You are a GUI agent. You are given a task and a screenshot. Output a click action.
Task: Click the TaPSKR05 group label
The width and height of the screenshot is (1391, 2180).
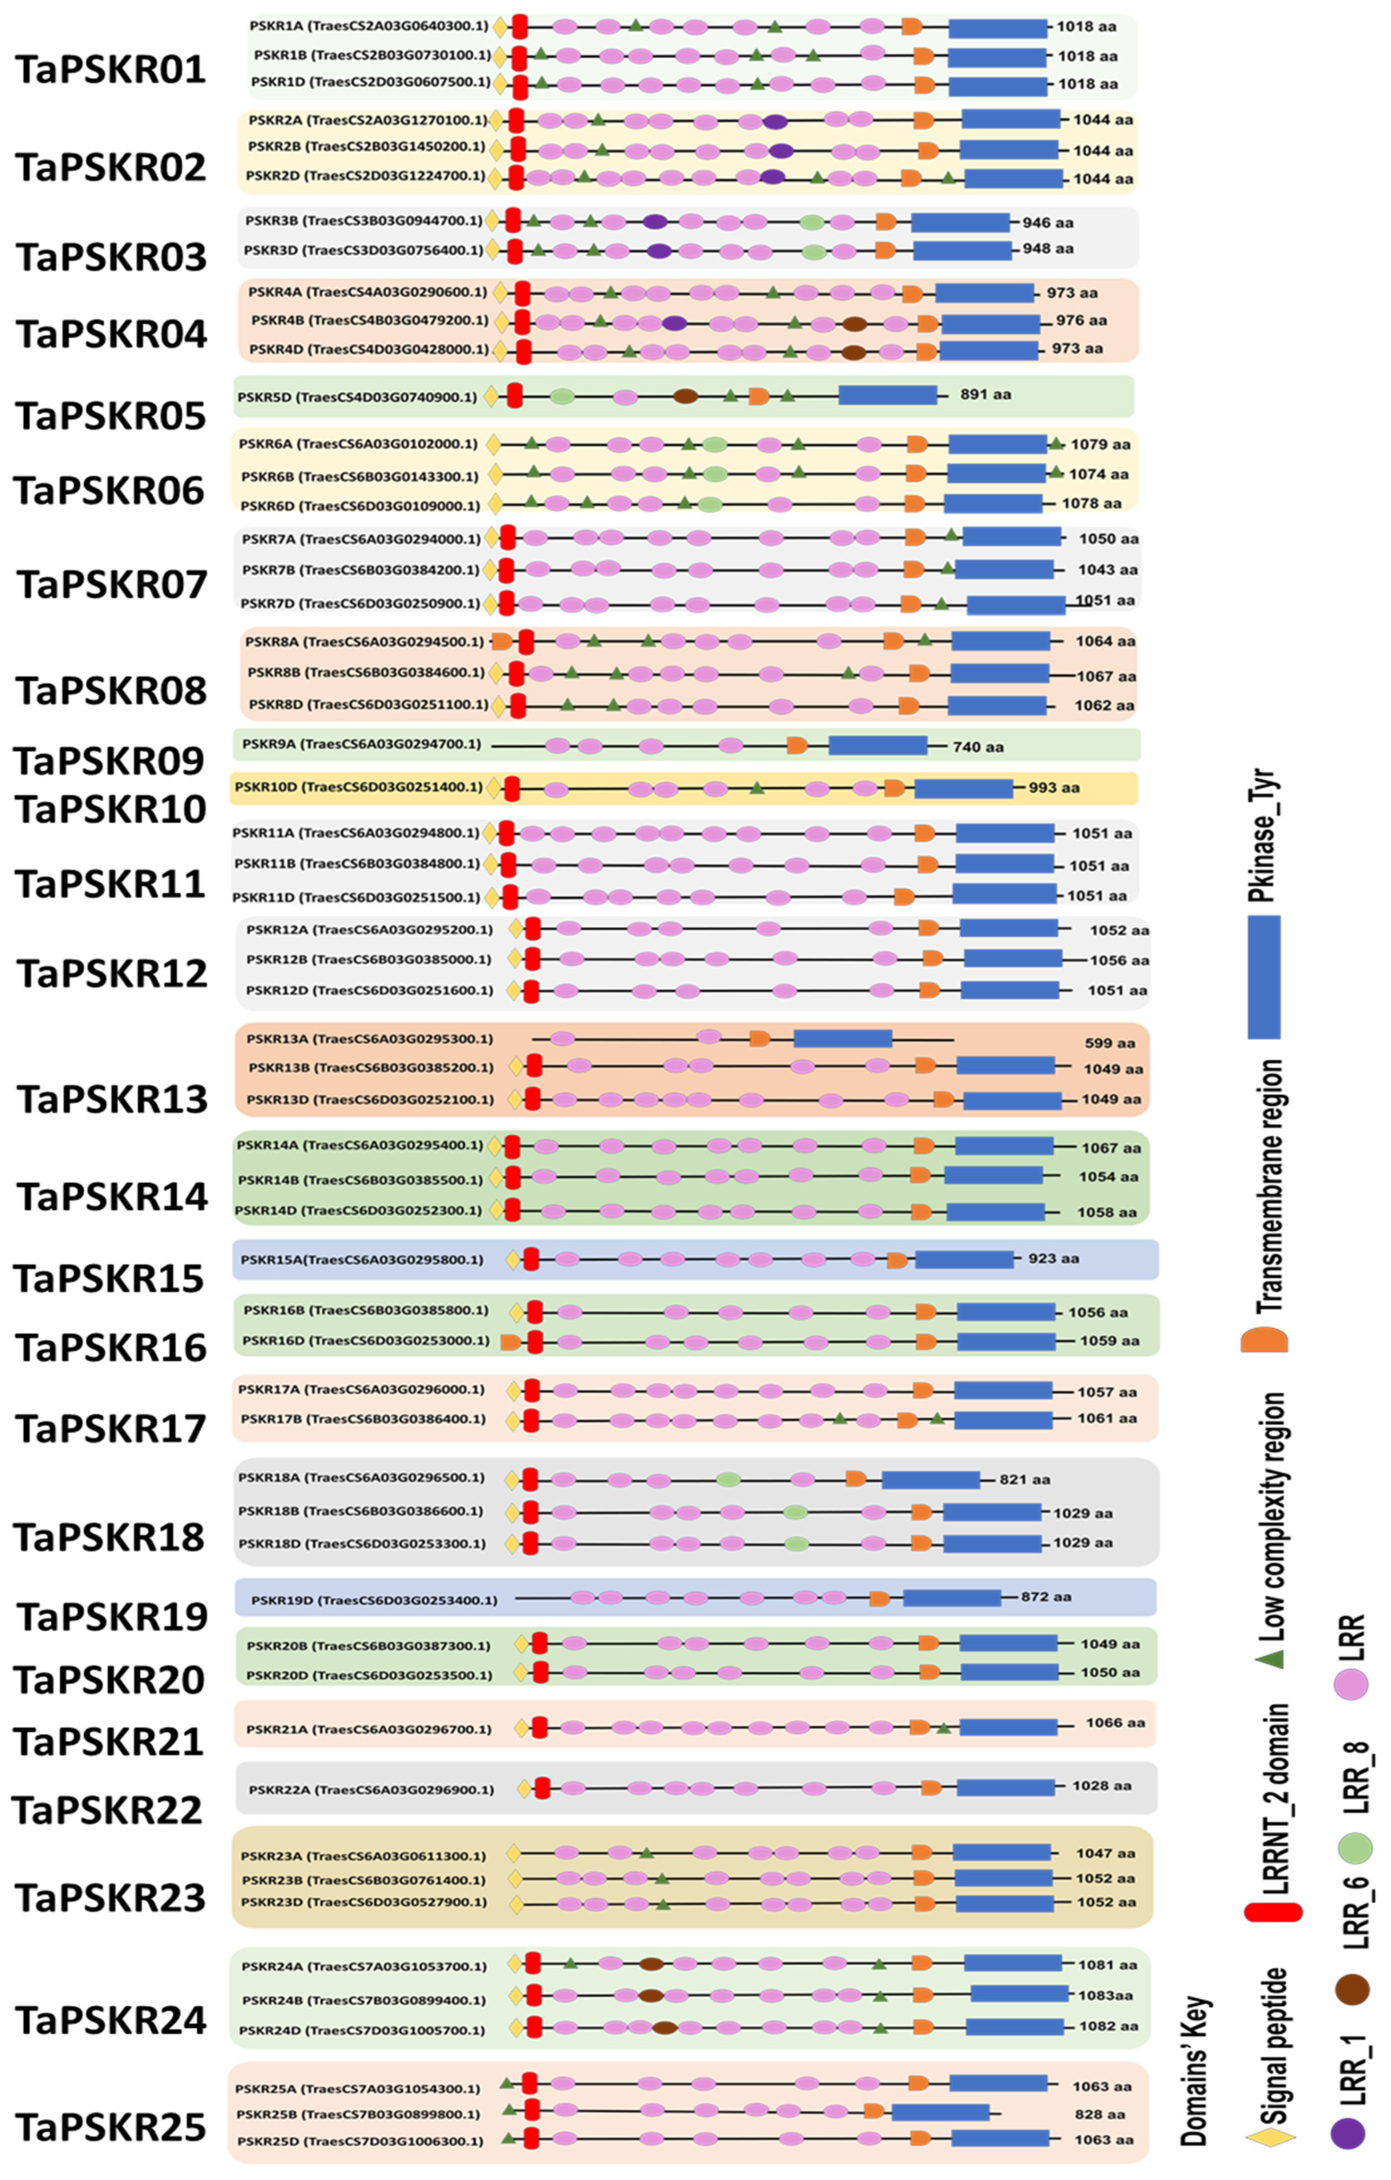click(x=110, y=416)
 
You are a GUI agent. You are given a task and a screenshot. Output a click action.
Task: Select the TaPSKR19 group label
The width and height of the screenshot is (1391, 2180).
click(x=112, y=1616)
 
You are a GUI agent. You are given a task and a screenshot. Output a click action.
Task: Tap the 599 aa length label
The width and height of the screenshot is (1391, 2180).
click(x=1110, y=1043)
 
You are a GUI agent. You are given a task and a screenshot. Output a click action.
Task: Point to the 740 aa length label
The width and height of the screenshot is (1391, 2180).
click(x=977, y=747)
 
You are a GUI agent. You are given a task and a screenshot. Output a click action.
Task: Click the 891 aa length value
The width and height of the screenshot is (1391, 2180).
click(x=986, y=395)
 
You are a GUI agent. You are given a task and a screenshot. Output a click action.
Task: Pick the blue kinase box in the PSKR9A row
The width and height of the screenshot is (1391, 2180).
click(x=877, y=745)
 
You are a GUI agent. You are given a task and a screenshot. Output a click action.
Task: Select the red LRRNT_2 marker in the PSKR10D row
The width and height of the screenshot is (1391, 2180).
click(x=511, y=788)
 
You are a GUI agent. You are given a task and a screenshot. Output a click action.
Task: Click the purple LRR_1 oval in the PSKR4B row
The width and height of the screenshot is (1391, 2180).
click(x=673, y=322)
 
